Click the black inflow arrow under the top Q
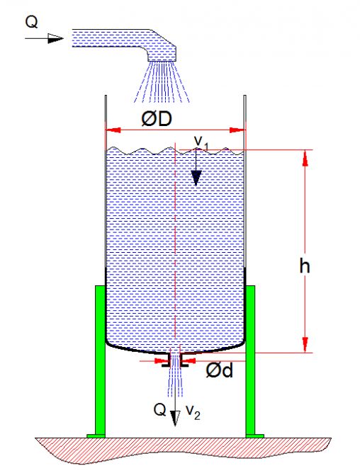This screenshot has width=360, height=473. click(x=44, y=38)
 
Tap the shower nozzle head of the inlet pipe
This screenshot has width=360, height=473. click(x=162, y=54)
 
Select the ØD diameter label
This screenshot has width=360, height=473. click(x=157, y=119)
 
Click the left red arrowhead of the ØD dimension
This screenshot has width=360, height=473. click(x=113, y=130)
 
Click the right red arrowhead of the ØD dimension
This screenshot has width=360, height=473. click(x=237, y=130)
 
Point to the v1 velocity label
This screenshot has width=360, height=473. click(x=201, y=142)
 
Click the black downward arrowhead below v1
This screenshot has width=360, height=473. click(x=196, y=178)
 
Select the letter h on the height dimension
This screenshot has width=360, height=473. click(x=305, y=266)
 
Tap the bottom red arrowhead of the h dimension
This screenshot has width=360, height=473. click(x=305, y=345)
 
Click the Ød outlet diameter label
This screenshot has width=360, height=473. click(x=219, y=370)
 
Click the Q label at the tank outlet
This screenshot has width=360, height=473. click(x=159, y=410)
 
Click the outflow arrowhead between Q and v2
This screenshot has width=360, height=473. click(x=175, y=418)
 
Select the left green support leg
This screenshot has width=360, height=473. click(x=100, y=331)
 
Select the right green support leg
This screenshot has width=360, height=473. click(x=250, y=331)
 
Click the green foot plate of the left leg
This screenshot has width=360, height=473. click(x=96, y=436)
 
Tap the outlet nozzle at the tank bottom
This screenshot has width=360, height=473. click(x=175, y=360)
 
